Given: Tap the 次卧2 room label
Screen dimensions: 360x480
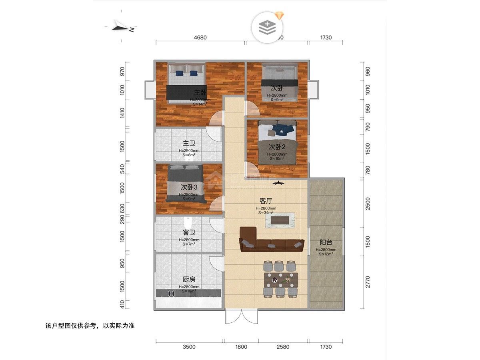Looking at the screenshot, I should [x=277, y=146].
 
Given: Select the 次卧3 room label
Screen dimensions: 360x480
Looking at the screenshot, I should [x=189, y=187].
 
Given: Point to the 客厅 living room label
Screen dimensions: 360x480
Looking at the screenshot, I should [x=266, y=201].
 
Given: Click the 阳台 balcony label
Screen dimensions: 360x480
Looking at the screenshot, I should [x=326, y=242].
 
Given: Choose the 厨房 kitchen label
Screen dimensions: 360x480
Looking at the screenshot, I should [x=189, y=280].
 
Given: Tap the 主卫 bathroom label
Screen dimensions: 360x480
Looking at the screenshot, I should [x=189, y=143].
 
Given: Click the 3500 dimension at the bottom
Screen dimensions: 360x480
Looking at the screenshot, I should [x=189, y=347].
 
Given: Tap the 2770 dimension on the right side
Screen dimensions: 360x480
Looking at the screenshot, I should [x=368, y=282].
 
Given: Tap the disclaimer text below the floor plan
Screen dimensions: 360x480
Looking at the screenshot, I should [x=90, y=326].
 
